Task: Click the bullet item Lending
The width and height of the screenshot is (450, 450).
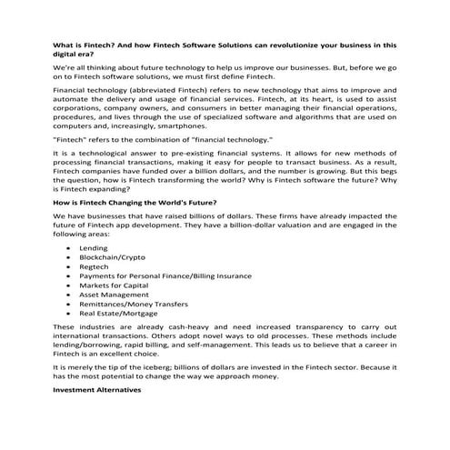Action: point(94,248)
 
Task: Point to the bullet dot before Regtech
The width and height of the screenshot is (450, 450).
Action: point(70,272)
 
